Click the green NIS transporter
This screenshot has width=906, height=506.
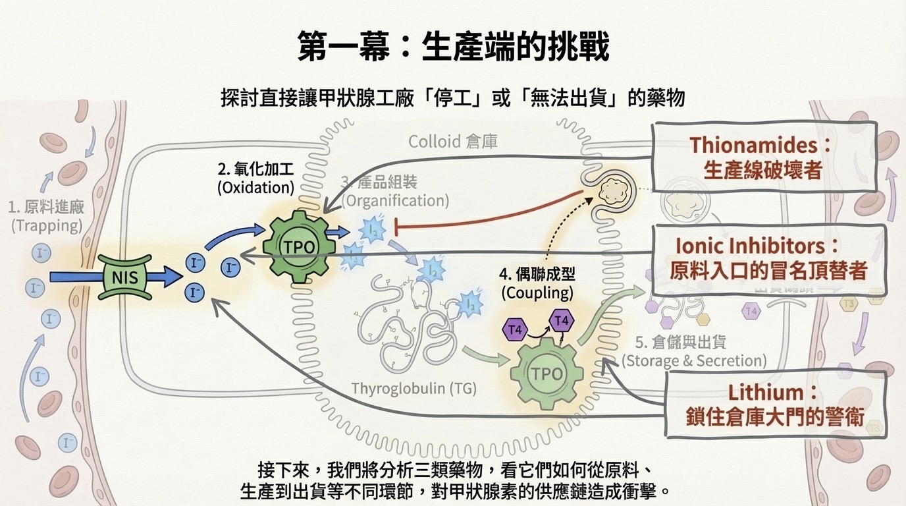(x=125, y=276)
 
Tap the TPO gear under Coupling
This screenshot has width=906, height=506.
(x=547, y=374)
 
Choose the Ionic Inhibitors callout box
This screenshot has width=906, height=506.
(x=768, y=258)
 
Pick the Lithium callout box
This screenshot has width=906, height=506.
(x=774, y=404)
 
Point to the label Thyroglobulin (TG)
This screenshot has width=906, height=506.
(x=404, y=388)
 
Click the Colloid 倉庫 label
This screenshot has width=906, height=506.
(x=453, y=142)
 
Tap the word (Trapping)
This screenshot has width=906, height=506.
(x=47, y=225)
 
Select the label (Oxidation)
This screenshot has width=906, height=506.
(x=255, y=187)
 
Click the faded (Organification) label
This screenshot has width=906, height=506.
(x=395, y=200)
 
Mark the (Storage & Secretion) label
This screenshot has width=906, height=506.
(x=694, y=360)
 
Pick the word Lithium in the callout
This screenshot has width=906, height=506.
(x=766, y=393)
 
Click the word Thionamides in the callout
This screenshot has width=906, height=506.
(x=751, y=145)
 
